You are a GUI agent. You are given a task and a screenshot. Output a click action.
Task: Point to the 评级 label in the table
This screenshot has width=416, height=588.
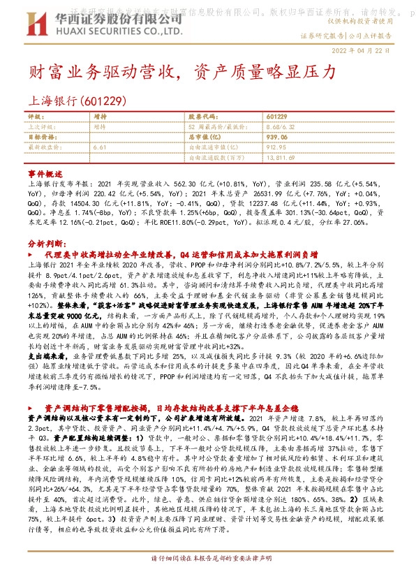point(35,116)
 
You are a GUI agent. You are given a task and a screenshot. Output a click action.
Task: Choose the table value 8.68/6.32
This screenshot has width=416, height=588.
point(280,126)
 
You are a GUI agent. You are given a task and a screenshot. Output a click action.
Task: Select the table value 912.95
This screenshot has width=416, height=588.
point(277,147)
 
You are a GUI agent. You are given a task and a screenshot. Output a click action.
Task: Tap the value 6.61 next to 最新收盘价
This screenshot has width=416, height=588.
point(98,147)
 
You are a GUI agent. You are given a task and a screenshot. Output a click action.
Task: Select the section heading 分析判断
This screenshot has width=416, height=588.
point(45,245)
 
